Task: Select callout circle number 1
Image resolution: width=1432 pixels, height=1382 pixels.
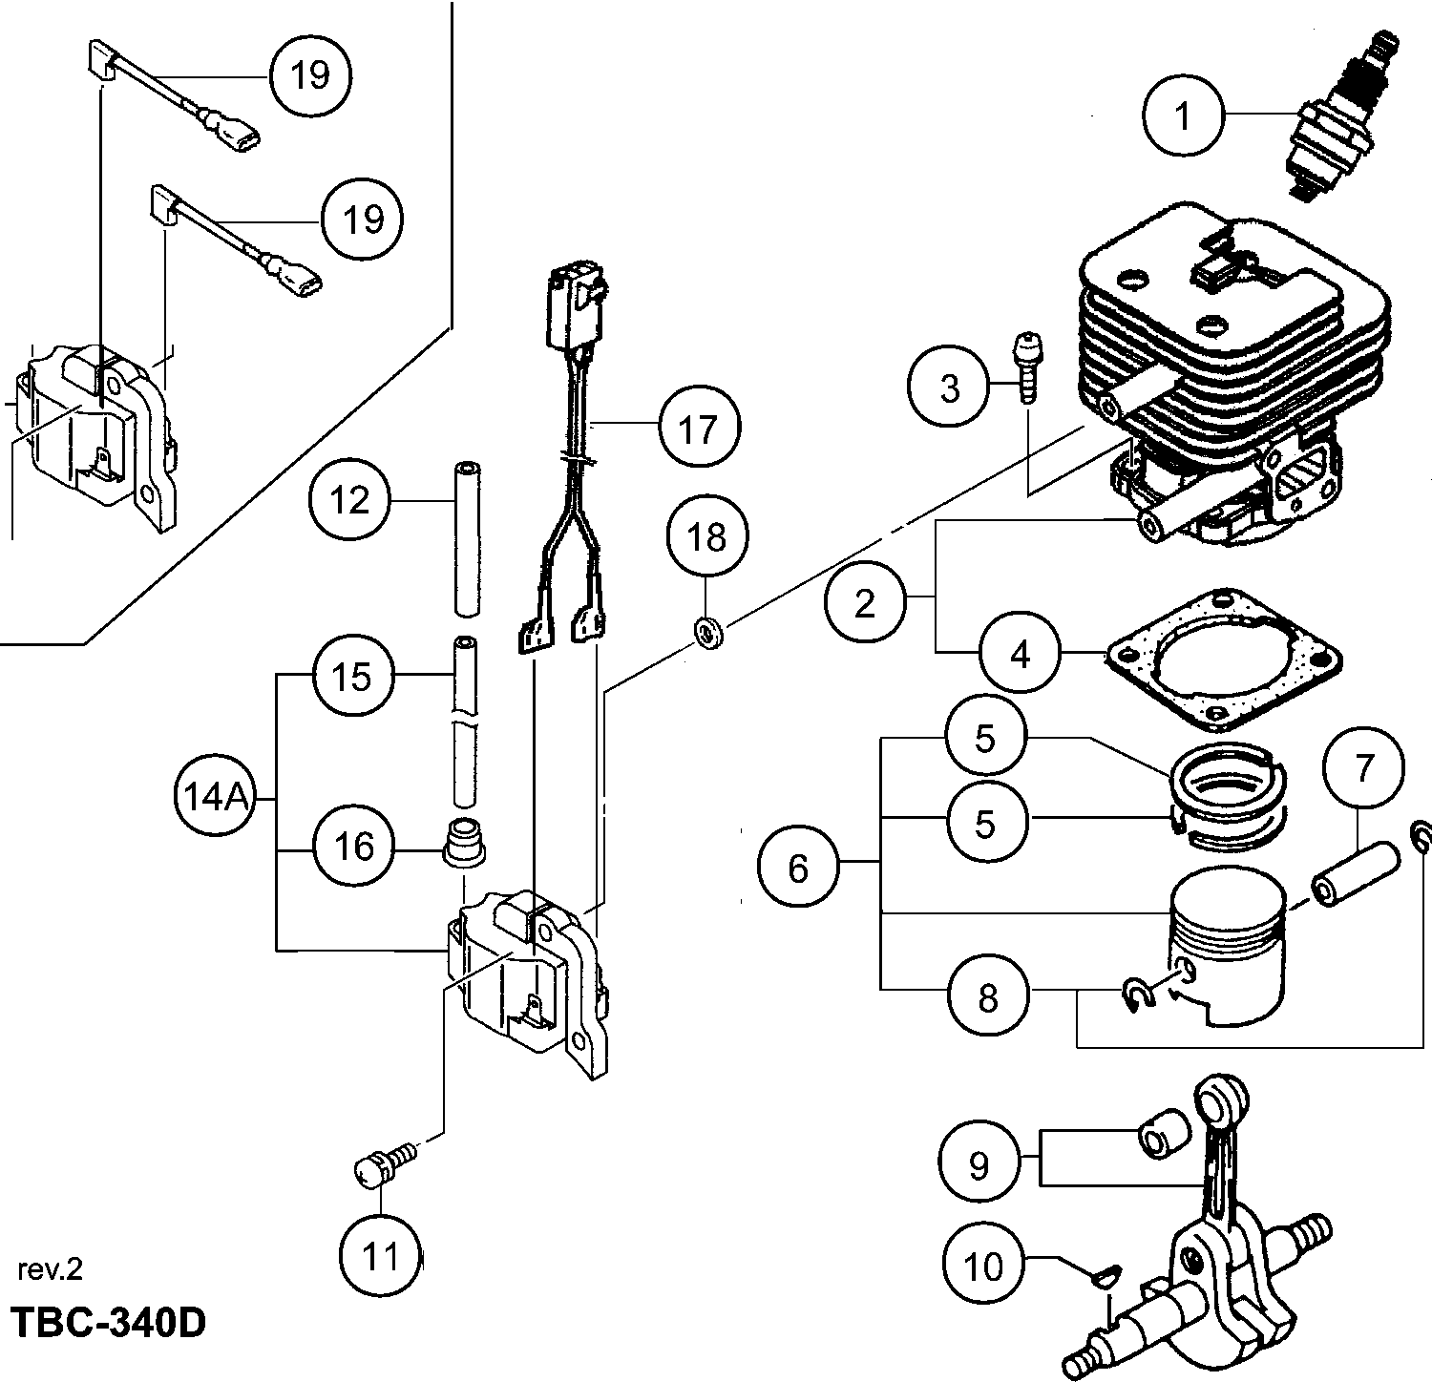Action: coord(1184,116)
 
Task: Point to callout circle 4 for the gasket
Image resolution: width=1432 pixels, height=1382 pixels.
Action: coord(1021,655)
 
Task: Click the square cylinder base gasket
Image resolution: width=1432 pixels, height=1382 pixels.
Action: coord(1222,659)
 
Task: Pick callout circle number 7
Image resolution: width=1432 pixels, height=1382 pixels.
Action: coord(1363,767)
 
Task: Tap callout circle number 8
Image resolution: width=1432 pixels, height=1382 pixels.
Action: coord(988,997)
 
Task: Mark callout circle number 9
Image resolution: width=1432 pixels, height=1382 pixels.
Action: coord(979,1165)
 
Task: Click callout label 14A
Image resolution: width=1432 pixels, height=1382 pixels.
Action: coord(211,796)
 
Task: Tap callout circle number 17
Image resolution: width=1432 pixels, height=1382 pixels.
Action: coord(699,429)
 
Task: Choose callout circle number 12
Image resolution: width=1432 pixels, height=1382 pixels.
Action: coord(350,499)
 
